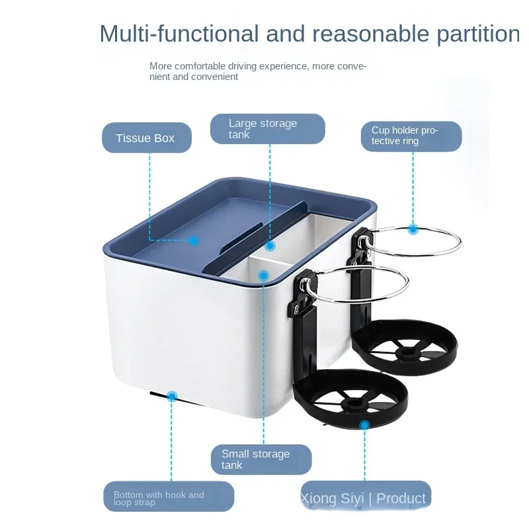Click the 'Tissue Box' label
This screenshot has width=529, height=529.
(145, 138)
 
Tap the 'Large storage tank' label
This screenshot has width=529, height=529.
(267, 129)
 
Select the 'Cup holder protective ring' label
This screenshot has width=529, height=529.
(411, 136)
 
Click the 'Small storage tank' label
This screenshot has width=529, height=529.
(261, 460)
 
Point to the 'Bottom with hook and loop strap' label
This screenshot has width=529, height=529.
(169, 498)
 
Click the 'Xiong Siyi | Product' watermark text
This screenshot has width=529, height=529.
(363, 499)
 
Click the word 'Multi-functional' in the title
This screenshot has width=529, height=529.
(179, 33)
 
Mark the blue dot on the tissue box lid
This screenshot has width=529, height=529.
(194, 240)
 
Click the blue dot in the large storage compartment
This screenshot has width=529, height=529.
(270, 246)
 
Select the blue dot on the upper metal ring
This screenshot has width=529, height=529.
(413, 229)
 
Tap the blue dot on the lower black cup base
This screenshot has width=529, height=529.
(364, 425)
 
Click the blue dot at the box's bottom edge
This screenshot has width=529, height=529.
(172, 397)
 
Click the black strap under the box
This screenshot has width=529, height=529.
(159, 395)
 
